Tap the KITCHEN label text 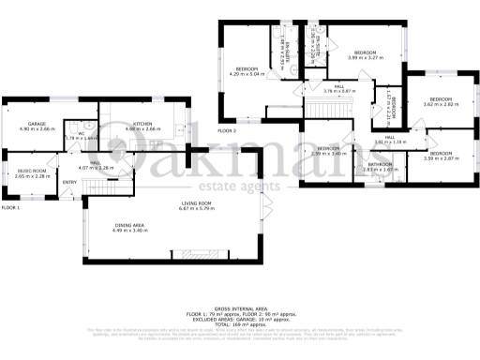click(x=142, y=123)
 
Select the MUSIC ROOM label click(x=31, y=170)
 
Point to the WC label click(x=82, y=133)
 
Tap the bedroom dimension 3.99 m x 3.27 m click(x=365, y=58)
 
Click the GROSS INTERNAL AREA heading click(x=240, y=307)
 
